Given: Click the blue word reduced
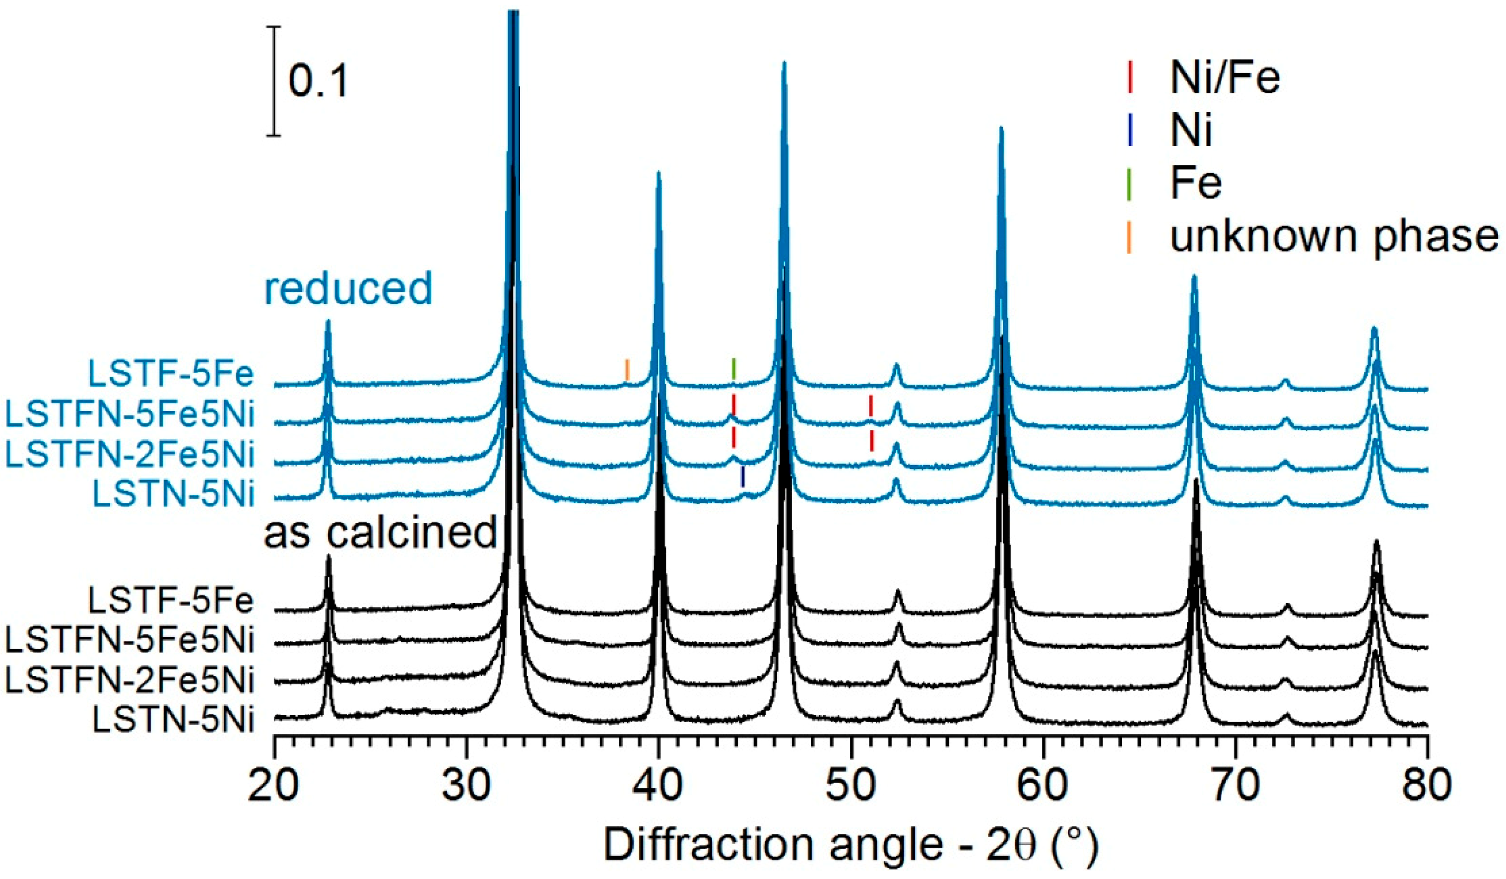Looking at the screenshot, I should pyautogui.click(x=348, y=288).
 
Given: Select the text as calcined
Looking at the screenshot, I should pyautogui.click(x=381, y=532).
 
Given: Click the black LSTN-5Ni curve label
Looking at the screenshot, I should pyautogui.click(x=173, y=719).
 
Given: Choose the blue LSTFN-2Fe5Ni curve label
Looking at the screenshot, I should pyautogui.click(x=130, y=455).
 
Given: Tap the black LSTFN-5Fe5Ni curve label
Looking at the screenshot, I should pyautogui.click(x=130, y=640).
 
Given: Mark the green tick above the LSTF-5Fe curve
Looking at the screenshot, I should pyautogui.click(x=734, y=369).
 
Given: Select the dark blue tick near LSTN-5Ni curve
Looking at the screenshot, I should pyautogui.click(x=743, y=476).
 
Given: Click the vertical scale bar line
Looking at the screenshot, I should pyautogui.click(x=274, y=81).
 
